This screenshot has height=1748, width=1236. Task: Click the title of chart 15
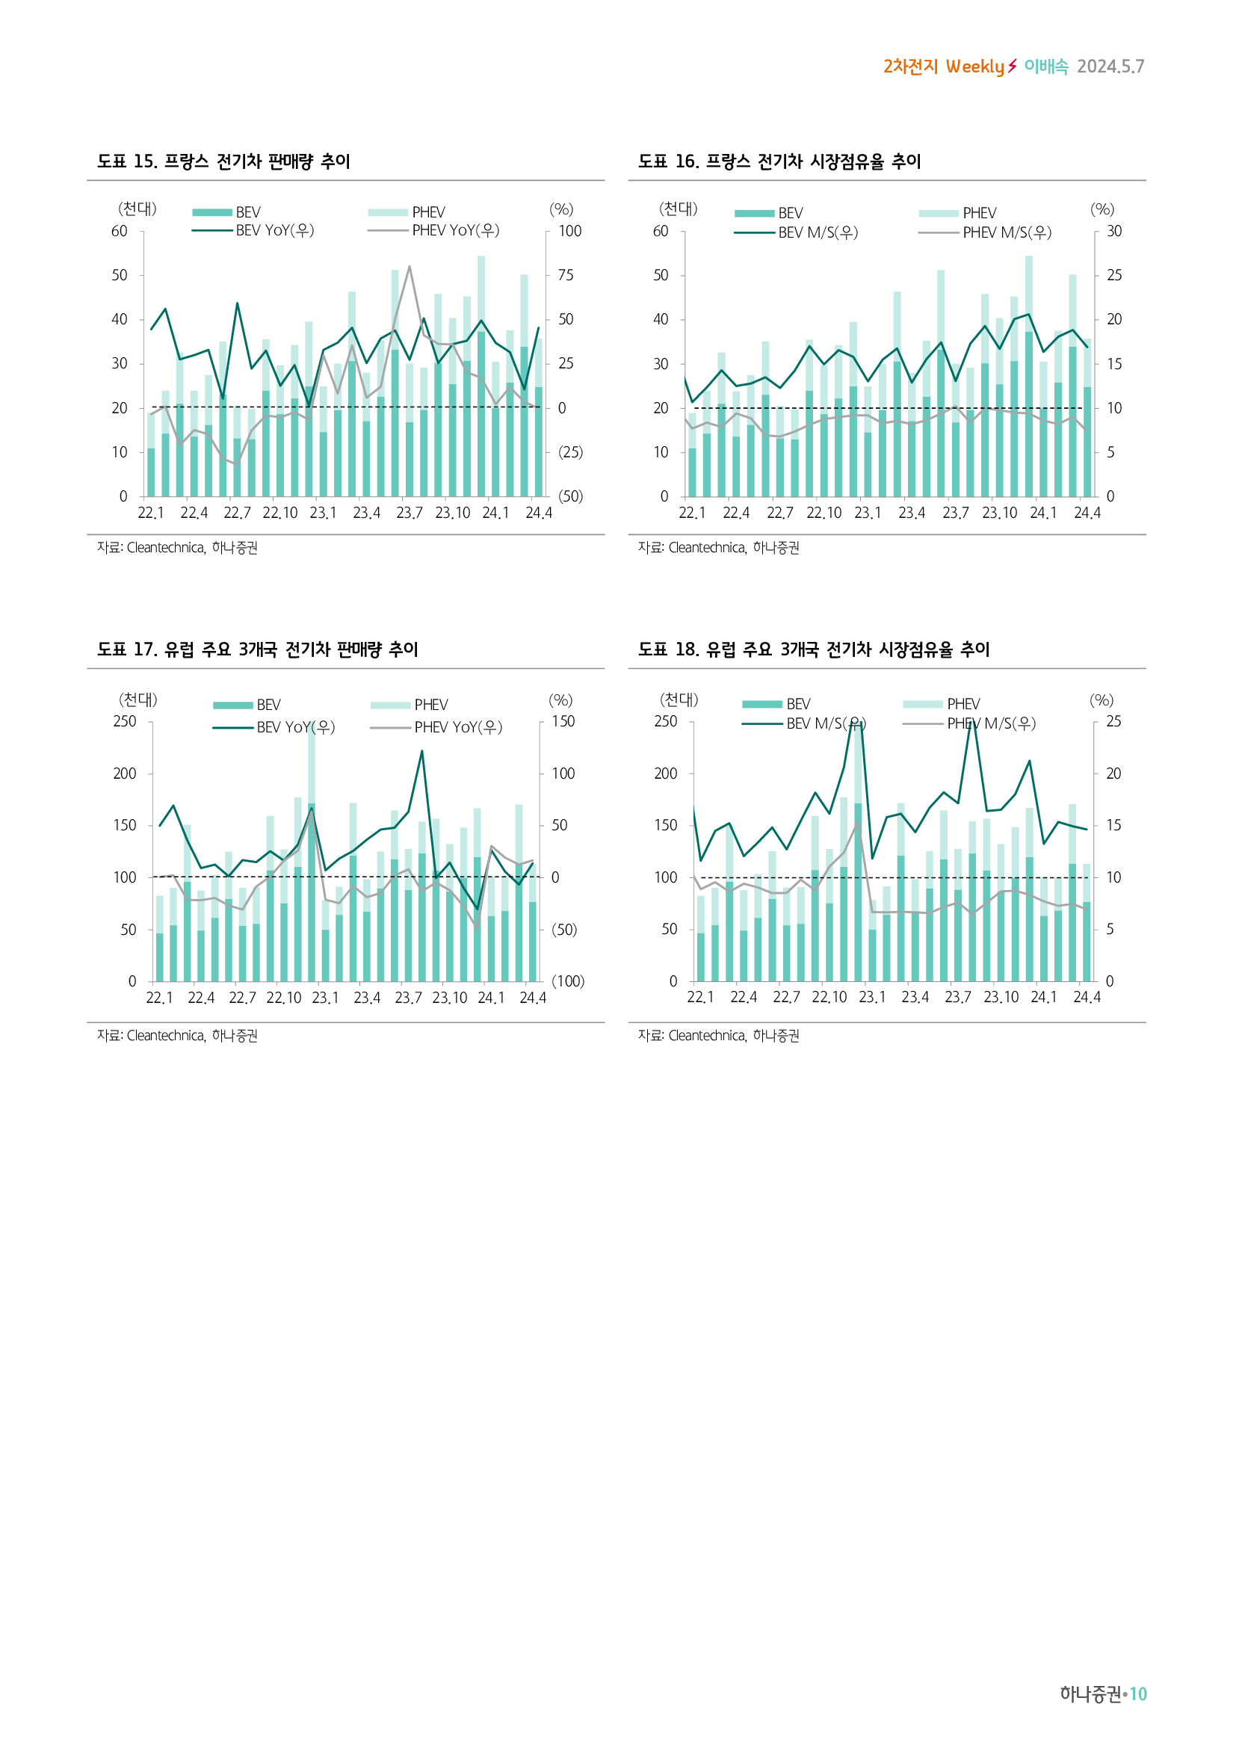[223, 161]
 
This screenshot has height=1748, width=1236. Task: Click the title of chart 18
[813, 649]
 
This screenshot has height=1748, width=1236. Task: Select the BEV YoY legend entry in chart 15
[274, 230]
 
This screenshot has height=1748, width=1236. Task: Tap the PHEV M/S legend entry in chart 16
[1006, 232]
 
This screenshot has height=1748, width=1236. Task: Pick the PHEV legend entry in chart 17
[430, 705]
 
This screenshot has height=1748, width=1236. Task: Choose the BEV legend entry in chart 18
[797, 704]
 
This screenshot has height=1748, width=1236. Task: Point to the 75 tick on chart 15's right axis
[566, 275]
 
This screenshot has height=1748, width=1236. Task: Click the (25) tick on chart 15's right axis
[570, 452]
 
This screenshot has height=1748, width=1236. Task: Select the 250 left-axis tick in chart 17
[124, 721]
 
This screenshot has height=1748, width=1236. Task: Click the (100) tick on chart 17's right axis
[568, 981]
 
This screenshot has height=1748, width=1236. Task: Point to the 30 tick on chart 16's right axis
[1113, 231]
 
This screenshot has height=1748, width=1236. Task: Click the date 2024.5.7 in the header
[1110, 67]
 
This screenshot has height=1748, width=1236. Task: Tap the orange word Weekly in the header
[975, 67]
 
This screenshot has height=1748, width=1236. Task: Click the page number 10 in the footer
[1138, 1694]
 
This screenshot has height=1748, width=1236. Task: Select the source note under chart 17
[177, 1035]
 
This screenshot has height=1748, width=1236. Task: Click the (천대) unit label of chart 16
[677, 209]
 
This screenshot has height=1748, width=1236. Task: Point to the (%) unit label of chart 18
[1101, 699]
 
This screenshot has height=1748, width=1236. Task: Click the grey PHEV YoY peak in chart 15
[410, 267]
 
